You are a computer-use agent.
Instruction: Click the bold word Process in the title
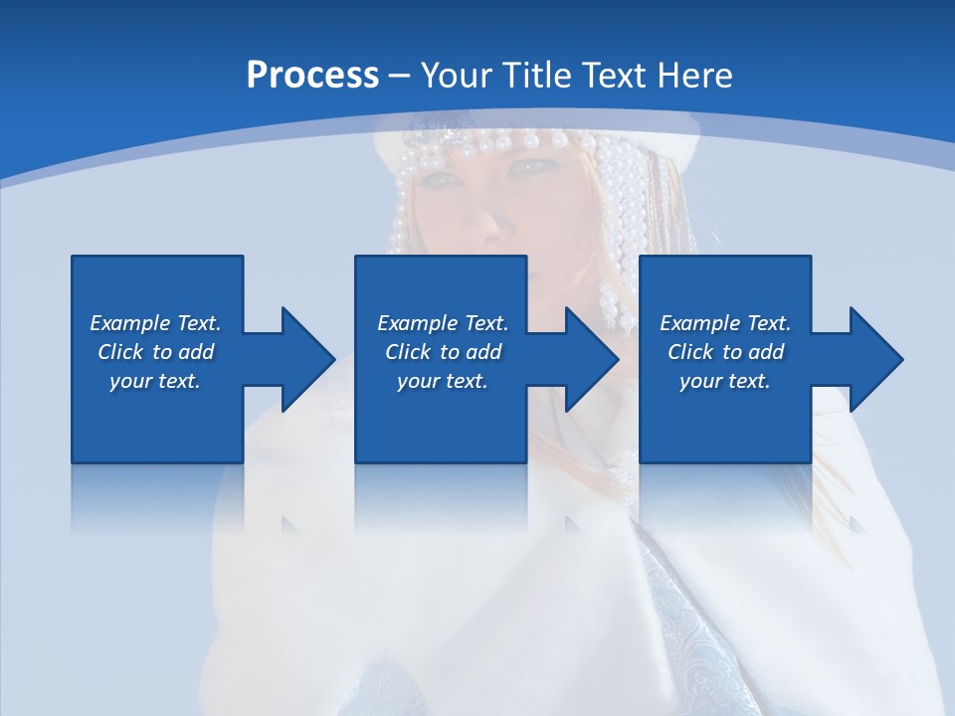click(x=312, y=76)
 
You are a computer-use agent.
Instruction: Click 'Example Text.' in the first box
click(x=155, y=323)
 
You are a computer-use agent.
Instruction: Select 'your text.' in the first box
click(x=155, y=381)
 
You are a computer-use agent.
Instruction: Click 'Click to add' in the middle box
click(x=443, y=352)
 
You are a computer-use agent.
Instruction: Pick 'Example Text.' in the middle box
click(x=443, y=323)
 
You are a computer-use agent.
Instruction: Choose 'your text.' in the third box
click(x=725, y=381)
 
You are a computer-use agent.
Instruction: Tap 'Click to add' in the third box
click(x=725, y=352)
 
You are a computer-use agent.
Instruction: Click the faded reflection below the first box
click(x=156, y=497)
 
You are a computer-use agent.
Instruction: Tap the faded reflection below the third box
click(x=724, y=497)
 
